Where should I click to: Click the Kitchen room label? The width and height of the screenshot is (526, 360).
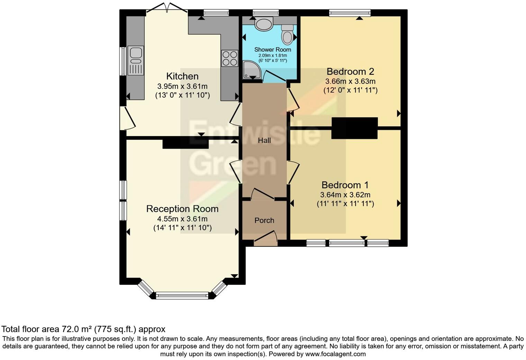[x=182, y=76]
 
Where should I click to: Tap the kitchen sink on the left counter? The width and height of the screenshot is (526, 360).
[x=136, y=60]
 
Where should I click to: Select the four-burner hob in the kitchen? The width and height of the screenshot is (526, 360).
[x=229, y=58]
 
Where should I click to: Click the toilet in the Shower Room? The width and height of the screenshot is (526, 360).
[x=287, y=34]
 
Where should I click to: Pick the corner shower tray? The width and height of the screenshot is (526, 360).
[x=251, y=69]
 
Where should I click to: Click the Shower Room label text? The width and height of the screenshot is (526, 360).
[x=273, y=49]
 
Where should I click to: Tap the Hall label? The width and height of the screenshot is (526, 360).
[x=264, y=140]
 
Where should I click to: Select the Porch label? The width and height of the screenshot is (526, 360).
[x=264, y=220]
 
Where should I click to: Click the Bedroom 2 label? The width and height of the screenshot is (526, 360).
[x=350, y=71]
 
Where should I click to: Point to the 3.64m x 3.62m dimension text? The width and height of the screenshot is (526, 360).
[x=345, y=195]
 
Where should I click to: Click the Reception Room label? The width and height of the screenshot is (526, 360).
[x=182, y=209]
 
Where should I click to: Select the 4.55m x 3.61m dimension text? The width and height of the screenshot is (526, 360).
[x=182, y=219]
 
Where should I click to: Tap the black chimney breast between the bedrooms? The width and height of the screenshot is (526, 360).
[x=354, y=128]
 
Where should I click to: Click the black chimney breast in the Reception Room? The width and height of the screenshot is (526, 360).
[x=185, y=143]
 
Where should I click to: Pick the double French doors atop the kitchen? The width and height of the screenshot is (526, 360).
[x=167, y=9]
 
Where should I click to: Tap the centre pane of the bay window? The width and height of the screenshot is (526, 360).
[x=182, y=295]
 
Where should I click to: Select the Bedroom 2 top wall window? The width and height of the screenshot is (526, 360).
[x=350, y=13]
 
